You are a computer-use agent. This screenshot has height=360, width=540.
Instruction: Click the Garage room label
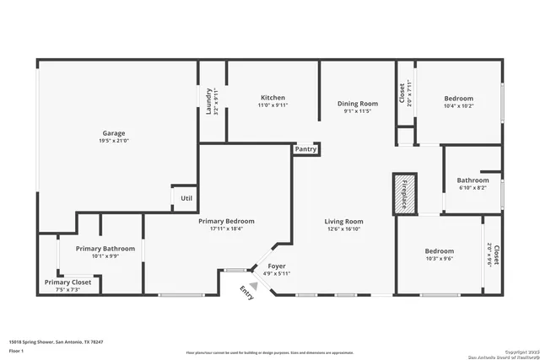[114, 133]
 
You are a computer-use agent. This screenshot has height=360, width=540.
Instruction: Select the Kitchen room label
[273, 98]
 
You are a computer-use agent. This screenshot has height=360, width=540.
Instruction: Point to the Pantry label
[305, 149]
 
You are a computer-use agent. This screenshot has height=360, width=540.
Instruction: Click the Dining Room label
[357, 103]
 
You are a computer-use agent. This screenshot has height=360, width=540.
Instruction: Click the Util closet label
[185, 198]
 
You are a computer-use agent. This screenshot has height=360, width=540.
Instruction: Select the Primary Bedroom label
[226, 221]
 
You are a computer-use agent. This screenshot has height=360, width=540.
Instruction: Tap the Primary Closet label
[68, 282]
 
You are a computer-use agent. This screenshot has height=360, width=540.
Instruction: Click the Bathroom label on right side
[472, 180]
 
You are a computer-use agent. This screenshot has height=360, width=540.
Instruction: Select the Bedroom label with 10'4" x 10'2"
[459, 99]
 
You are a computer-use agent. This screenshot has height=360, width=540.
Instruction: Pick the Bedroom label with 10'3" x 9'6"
[439, 251]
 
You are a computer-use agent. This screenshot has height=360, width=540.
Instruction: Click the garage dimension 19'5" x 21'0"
[114, 142]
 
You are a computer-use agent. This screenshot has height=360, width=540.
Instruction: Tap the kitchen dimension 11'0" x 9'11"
[273, 106]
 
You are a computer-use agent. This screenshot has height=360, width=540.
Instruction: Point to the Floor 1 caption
[17, 350]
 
